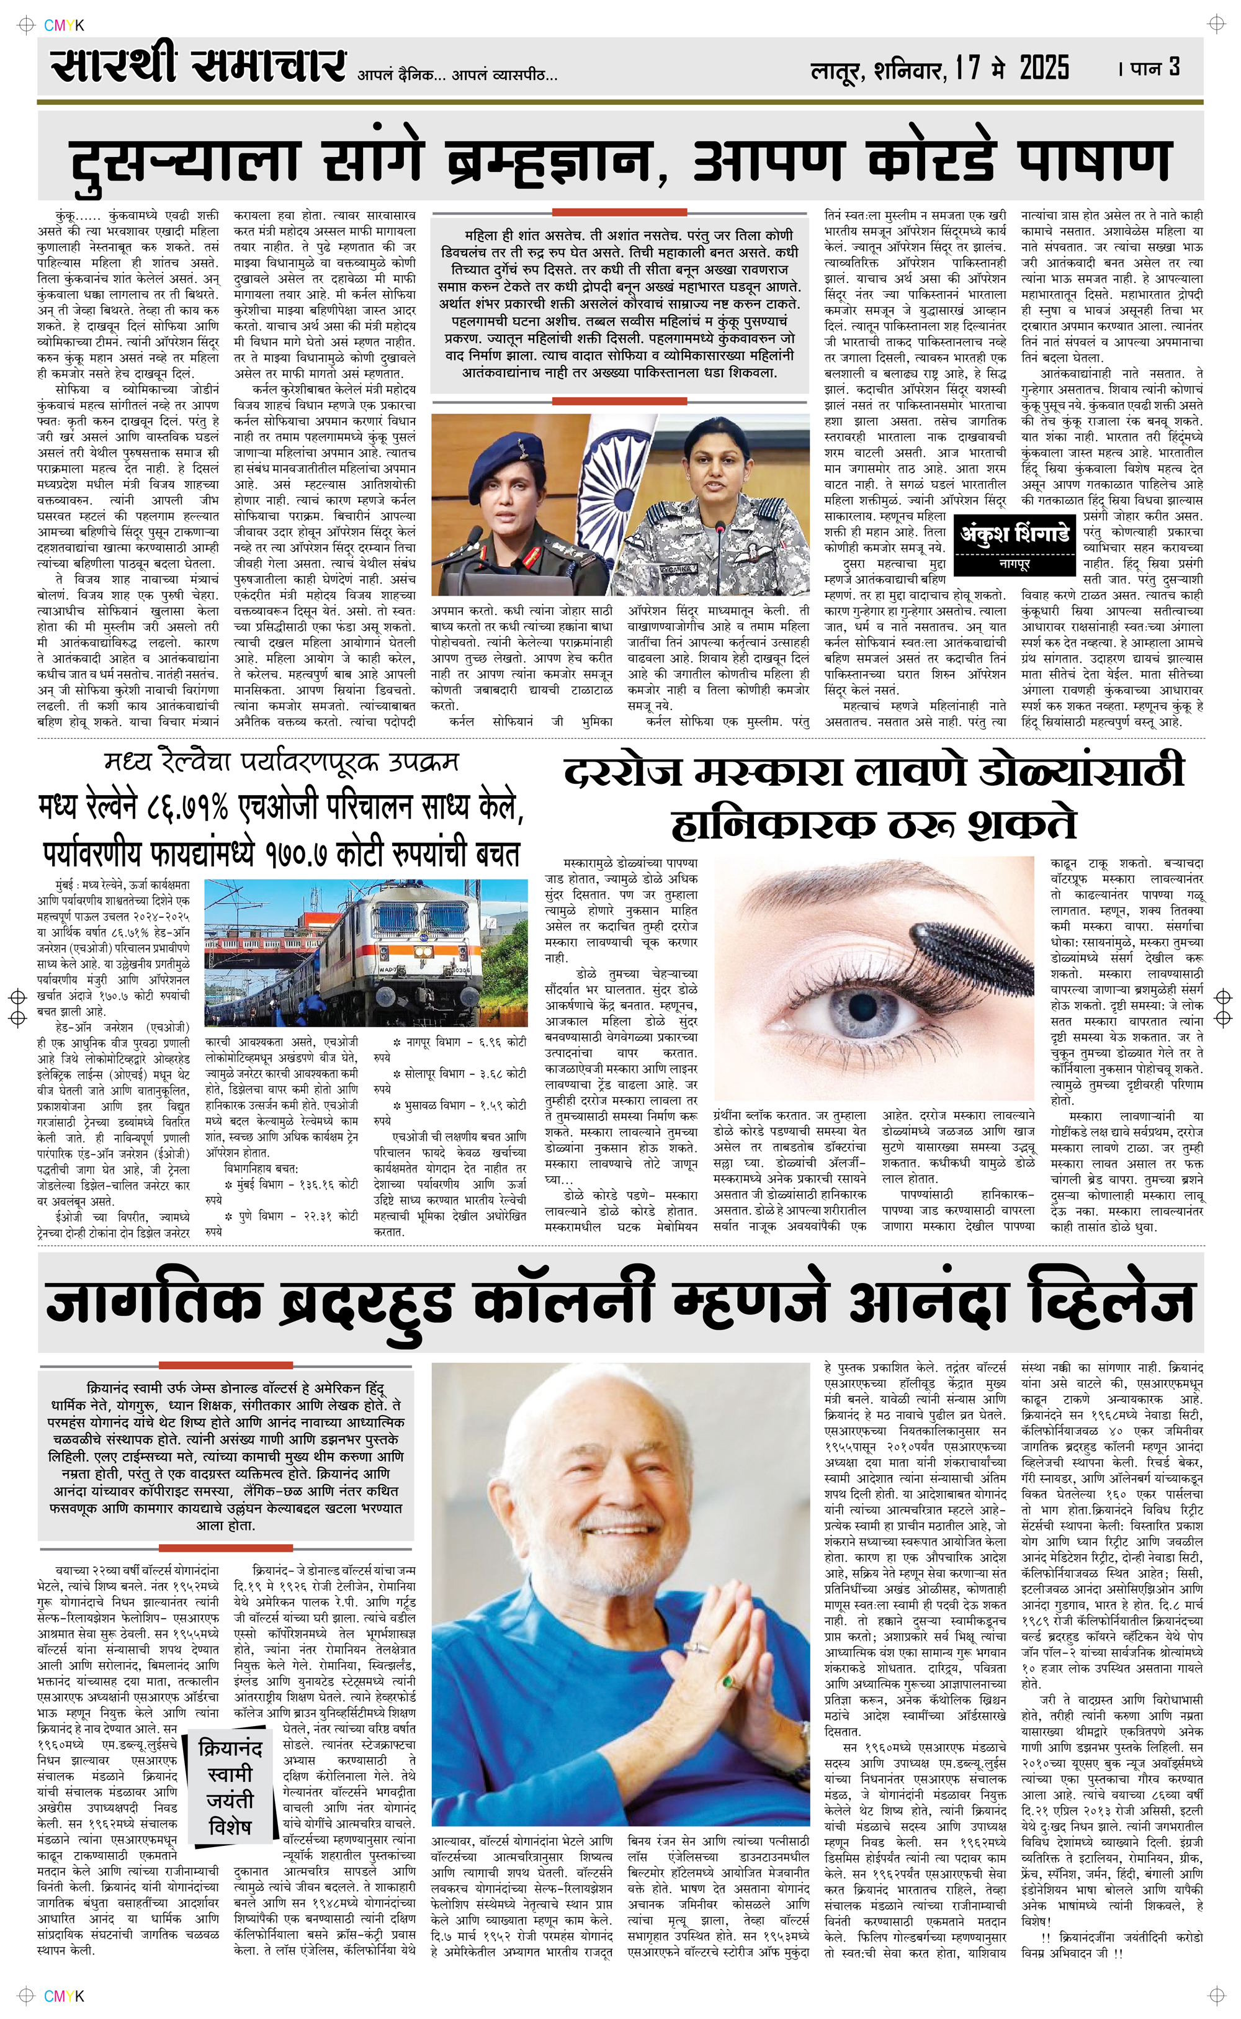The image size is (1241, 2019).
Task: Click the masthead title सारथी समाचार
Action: pos(197,64)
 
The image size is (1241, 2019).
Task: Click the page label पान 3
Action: pos(1155,67)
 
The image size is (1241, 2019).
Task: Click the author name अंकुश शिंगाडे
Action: pos(1015,535)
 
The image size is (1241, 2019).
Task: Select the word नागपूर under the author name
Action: pos(1015,565)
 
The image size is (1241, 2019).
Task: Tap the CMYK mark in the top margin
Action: pos(64,25)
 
